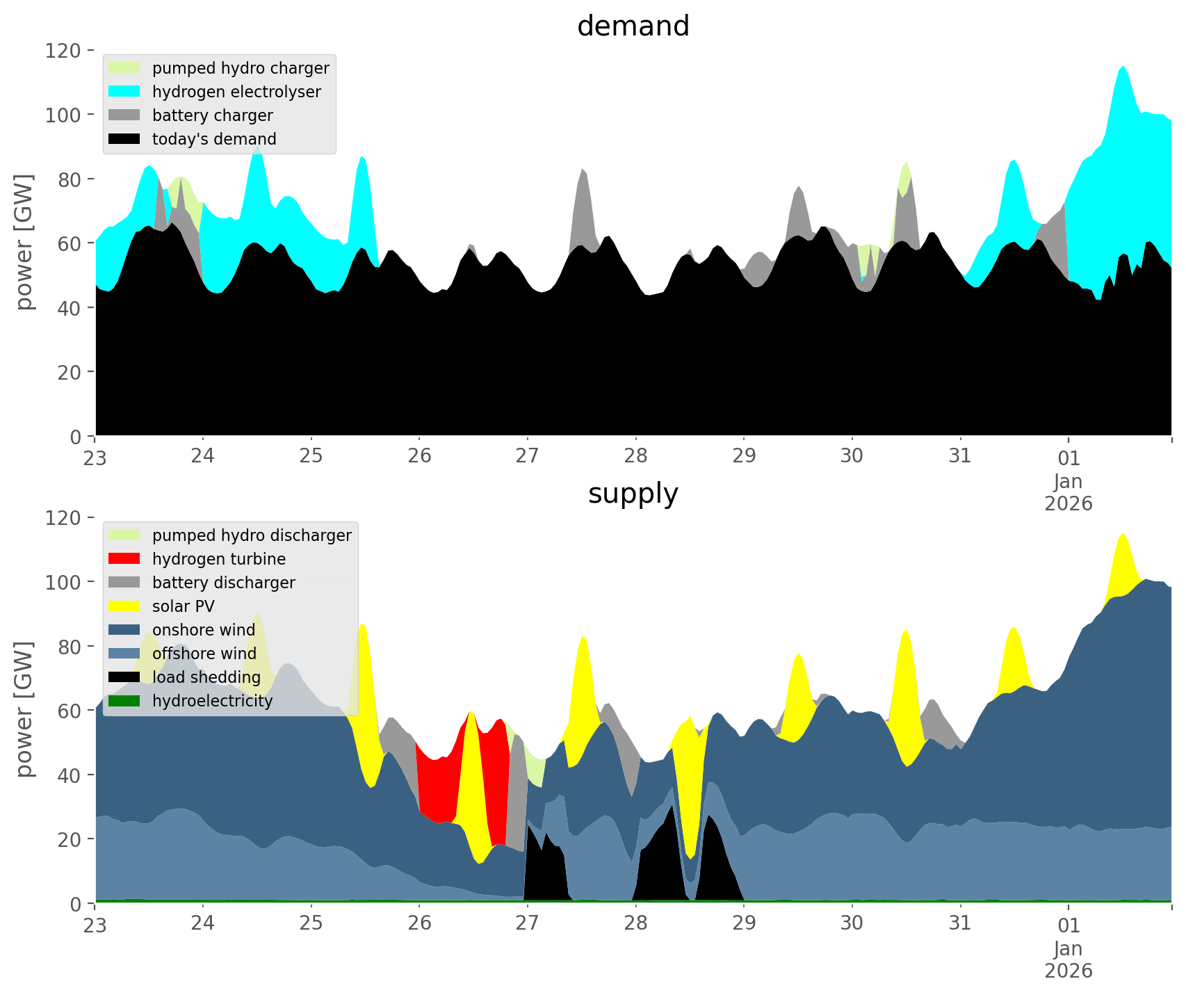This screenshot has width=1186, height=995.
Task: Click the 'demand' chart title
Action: coord(633,26)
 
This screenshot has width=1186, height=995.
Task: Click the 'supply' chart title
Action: coord(633,494)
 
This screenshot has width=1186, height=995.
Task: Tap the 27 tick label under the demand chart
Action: coord(528,456)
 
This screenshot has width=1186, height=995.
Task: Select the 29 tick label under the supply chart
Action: coord(744,923)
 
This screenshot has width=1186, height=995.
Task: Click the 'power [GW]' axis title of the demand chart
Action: coord(24,242)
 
